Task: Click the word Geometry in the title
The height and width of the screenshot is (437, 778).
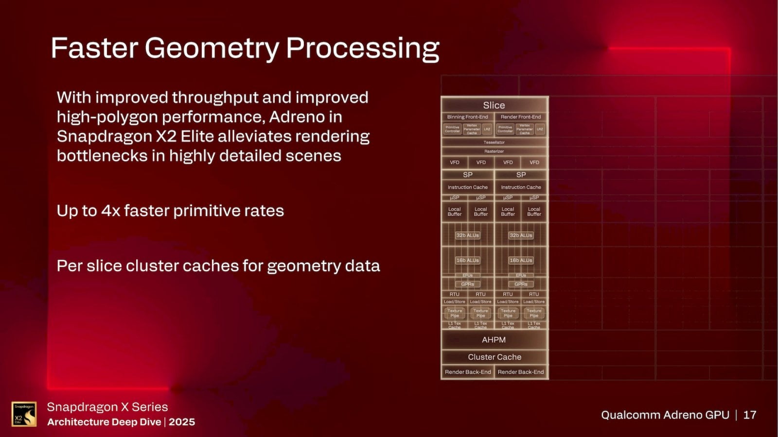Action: tap(212, 48)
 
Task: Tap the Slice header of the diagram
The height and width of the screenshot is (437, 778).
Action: tap(494, 105)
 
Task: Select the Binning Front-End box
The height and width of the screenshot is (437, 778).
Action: tap(467, 117)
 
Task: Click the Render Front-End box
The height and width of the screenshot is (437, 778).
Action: tap(521, 117)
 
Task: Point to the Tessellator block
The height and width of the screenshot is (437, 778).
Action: tap(494, 142)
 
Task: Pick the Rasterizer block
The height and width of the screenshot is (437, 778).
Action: tap(494, 151)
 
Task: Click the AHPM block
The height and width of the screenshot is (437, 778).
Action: tap(494, 340)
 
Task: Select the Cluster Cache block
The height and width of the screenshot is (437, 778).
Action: tap(495, 357)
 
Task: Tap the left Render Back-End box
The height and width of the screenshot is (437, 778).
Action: tap(468, 372)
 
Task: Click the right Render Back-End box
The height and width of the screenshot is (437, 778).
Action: tap(521, 372)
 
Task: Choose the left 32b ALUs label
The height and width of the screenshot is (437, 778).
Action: tap(467, 235)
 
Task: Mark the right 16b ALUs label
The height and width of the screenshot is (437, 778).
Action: tap(521, 260)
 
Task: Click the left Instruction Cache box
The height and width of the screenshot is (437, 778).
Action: tap(467, 187)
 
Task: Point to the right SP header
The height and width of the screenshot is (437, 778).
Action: tap(521, 174)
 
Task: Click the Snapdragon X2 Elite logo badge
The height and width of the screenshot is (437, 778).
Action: tap(24, 414)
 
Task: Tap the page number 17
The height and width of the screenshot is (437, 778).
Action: tap(750, 415)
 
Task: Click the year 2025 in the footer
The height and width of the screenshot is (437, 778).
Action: tap(182, 422)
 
